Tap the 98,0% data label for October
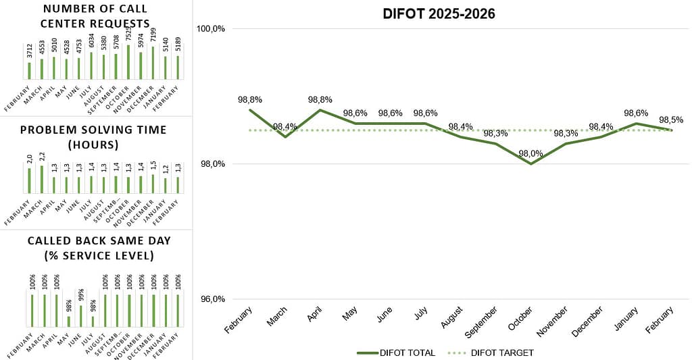pyautogui.click(x=530, y=153)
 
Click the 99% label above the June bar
pyautogui.click(x=80, y=295)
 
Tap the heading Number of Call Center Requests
pyautogui.click(x=95, y=16)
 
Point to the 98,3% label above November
pyautogui.click(x=565, y=134)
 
